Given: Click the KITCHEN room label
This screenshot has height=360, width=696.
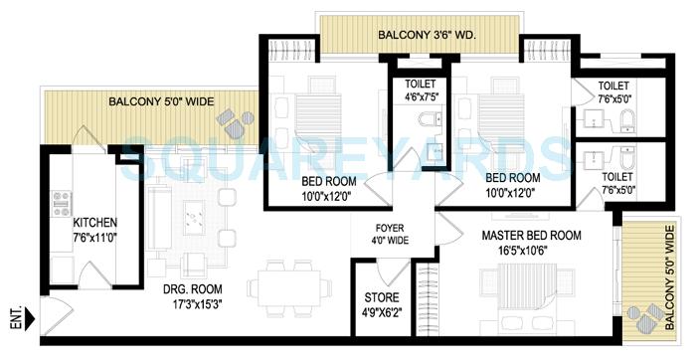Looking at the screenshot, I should [x=96, y=222].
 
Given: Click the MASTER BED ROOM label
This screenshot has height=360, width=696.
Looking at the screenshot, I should [x=532, y=235].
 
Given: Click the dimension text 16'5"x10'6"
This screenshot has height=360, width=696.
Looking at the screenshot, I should [x=532, y=252].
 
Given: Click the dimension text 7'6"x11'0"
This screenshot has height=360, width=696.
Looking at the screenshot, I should [x=95, y=238].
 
